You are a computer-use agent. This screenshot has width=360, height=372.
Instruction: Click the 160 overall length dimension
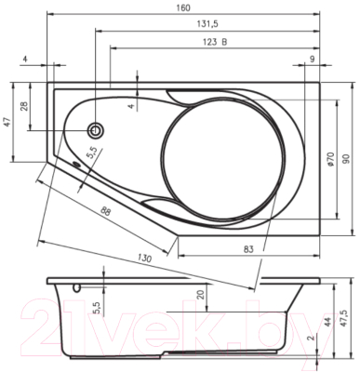tap(183, 7)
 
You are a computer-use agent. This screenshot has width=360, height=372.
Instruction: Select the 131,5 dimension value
tap(207, 24)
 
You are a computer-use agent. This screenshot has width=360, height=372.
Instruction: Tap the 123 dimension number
tap(210, 42)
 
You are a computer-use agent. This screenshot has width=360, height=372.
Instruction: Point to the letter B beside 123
tap(224, 42)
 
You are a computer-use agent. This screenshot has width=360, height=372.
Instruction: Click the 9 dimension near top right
tap(313, 59)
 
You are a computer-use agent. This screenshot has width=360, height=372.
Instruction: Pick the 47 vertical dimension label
tap(7, 123)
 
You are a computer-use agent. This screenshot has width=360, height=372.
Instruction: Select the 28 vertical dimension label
tap(25, 106)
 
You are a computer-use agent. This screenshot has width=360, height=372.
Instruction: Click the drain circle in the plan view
tap(96, 130)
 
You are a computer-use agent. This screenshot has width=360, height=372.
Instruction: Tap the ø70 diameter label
tap(330, 159)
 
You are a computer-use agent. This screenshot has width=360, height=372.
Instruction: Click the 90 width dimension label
tap(346, 159)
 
